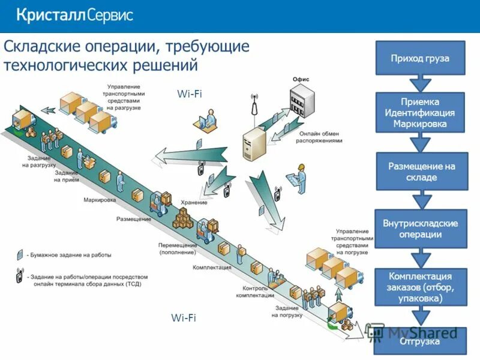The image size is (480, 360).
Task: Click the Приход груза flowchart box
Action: (420, 58)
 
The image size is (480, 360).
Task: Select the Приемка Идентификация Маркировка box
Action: (420, 112)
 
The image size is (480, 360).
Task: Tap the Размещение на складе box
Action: (420, 172)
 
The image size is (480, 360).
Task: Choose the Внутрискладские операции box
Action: (420, 229)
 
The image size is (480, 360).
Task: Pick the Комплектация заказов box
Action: (420, 287)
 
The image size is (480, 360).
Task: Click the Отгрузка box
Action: (420, 342)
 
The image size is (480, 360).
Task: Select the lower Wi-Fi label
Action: (183, 318)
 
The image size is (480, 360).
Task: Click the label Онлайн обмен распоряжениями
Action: (319, 137)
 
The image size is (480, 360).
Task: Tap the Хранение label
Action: (195, 203)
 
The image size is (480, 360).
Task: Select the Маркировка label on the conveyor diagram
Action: (100, 199)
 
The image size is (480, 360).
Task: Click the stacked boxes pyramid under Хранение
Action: (184, 218)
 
